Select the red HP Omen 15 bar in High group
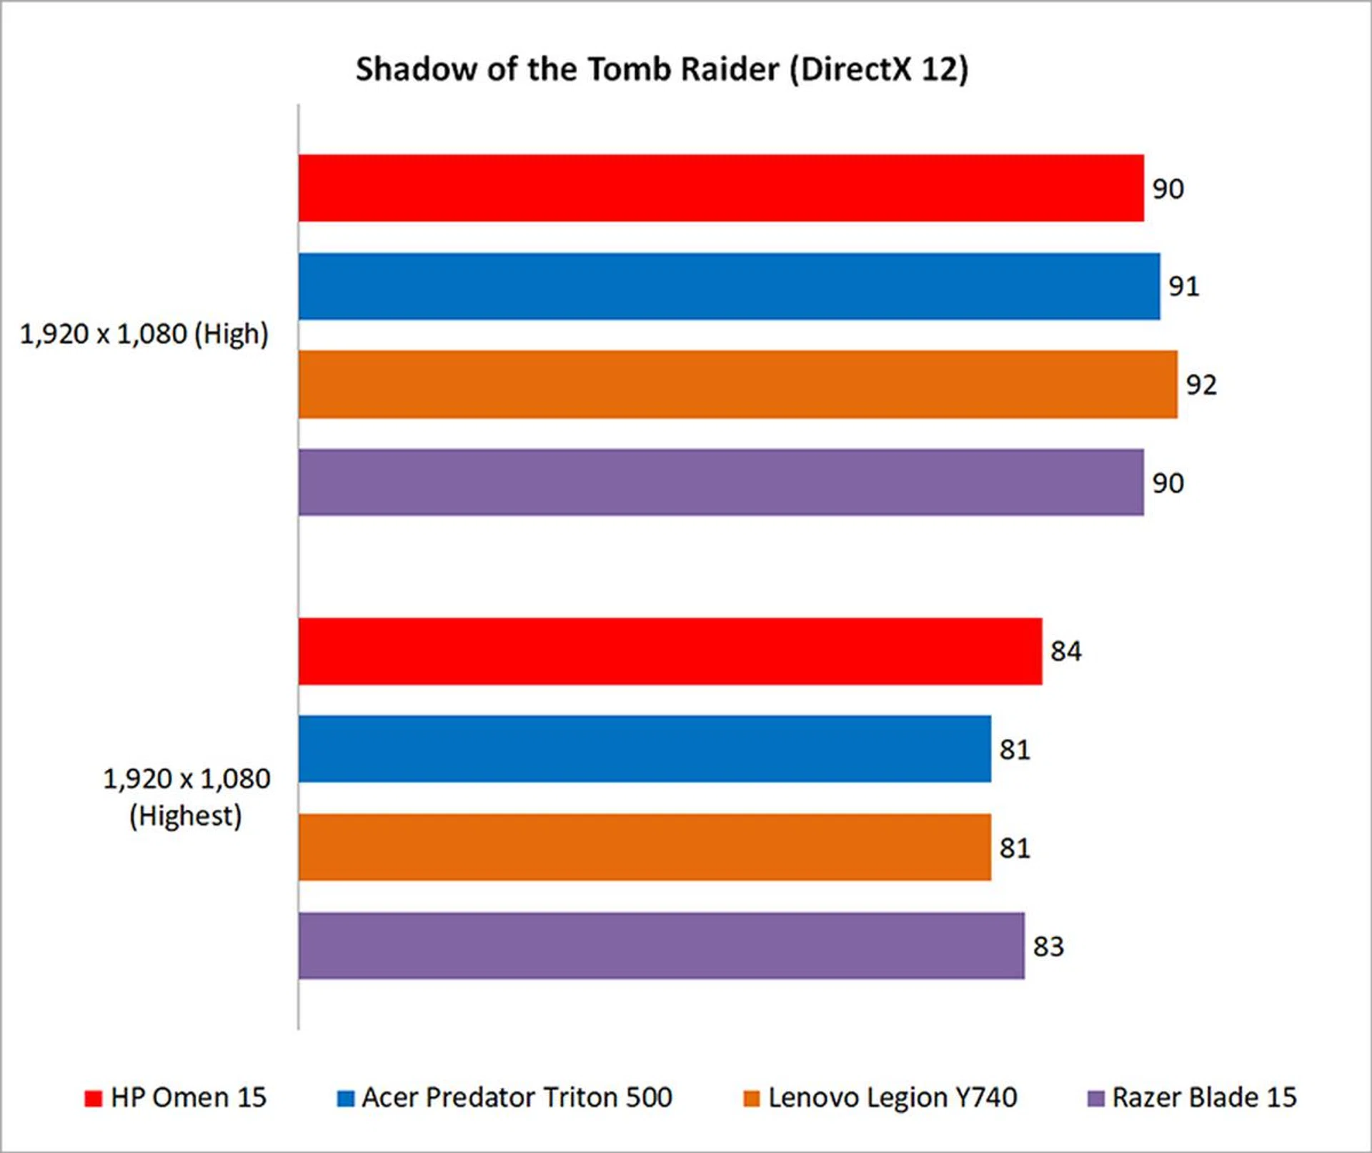[720, 188]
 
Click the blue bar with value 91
[729, 286]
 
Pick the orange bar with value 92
[737, 384]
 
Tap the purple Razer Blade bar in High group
[720, 482]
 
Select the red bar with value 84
[670, 651]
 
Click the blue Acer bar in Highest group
[645, 749]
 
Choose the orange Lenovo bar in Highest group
[645, 847]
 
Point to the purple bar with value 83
[661, 946]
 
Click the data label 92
[1201, 385]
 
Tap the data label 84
[1065, 652]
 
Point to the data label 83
[1048, 947]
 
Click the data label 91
[1184, 287]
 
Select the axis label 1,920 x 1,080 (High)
[144, 335]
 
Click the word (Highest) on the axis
[186, 816]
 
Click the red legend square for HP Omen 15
[93, 1099]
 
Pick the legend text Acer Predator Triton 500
[517, 1097]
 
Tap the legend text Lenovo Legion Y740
[893, 1097]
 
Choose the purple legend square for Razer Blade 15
[1095, 1099]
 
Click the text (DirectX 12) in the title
[879, 70]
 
